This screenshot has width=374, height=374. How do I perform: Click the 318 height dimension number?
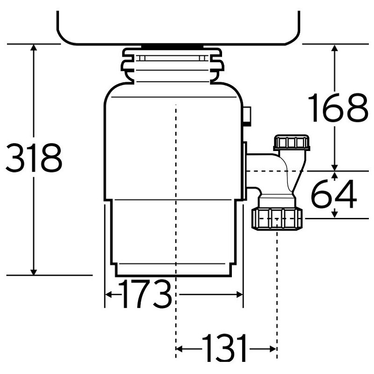coord(33,158)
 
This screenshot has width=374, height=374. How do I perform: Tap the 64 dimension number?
coord(334,195)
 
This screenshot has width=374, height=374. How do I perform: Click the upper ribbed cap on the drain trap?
coord(291,142)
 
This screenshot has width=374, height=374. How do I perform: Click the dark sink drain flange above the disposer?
coord(172,46)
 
